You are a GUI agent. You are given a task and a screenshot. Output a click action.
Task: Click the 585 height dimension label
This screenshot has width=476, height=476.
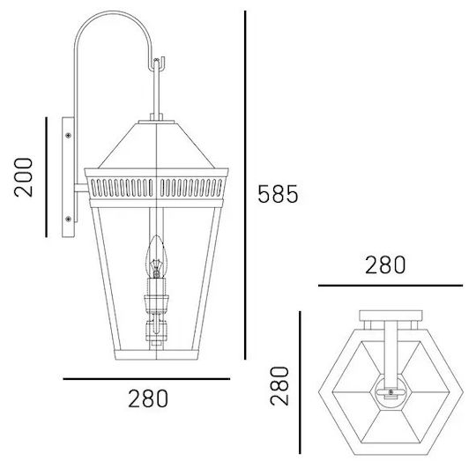point(278,194)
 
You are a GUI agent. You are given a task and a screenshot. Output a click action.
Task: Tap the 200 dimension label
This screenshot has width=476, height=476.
point(24,177)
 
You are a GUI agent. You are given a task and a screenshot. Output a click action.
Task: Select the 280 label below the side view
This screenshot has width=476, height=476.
point(148,398)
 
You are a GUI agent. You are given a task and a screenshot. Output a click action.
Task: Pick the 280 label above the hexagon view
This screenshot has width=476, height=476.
point(385,265)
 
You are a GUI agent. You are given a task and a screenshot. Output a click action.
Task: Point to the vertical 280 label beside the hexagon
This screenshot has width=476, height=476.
point(279,386)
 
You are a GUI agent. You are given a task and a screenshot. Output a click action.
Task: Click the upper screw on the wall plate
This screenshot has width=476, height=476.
point(68,135)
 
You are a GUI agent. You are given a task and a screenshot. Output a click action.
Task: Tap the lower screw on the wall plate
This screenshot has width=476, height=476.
point(68,219)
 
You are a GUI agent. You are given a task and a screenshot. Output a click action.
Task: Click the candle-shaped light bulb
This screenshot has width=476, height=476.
point(156,257)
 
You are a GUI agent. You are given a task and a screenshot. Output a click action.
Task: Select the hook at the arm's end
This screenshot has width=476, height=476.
point(157,64)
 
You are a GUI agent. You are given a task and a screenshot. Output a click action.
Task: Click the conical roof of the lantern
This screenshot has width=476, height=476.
point(156,145)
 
